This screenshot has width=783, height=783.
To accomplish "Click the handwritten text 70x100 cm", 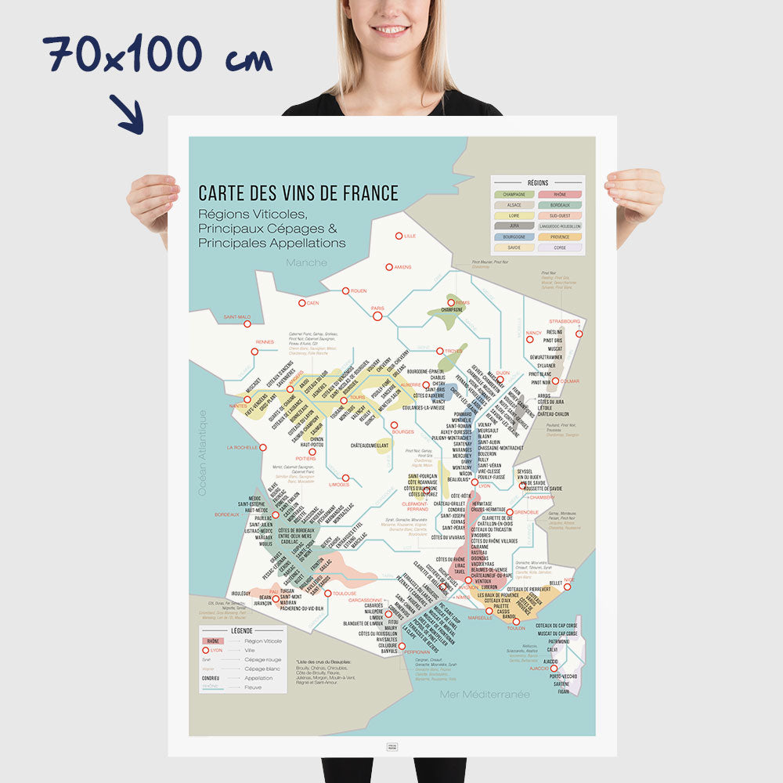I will tap(157, 56).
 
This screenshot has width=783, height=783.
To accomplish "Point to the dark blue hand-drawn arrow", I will tap(127, 114).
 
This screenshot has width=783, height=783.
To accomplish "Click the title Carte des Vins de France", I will tap(298, 193).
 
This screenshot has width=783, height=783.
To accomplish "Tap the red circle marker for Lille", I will tap(399, 236).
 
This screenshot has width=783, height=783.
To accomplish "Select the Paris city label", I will tap(377, 309).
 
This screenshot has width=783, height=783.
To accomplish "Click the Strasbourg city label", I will tap(565, 321).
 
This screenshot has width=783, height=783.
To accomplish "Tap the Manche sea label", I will tap(306, 262).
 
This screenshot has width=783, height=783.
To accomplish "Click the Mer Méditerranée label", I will tap(485, 694).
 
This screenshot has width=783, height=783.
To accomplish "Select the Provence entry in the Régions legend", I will tap(560, 236).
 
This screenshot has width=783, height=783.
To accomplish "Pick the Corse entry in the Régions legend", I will tap(560, 247).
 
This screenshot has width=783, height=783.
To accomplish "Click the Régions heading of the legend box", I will tap(538, 182).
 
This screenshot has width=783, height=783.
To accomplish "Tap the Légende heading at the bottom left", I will tap(241, 630).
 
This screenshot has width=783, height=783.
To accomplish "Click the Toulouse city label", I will tap(344, 594).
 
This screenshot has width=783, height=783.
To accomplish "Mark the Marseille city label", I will tap(478, 618).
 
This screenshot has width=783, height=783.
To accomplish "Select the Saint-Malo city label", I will tap(236, 317).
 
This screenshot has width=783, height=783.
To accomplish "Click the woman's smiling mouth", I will tap(391, 31).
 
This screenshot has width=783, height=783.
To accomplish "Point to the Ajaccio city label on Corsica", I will tap(539, 668).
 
